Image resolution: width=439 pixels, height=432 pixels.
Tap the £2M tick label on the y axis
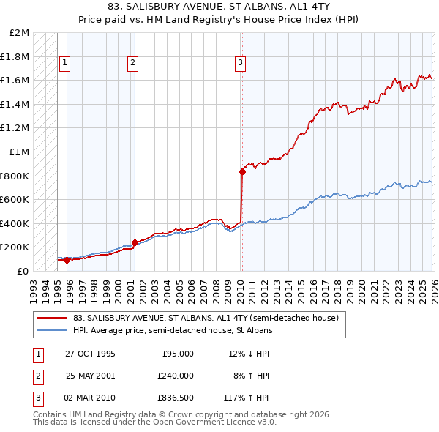[20, 33]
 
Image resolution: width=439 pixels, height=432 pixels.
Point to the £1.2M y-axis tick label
[15, 128]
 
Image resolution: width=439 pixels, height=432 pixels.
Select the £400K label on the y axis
[15, 223]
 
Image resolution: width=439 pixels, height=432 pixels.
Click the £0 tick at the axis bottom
[23, 271]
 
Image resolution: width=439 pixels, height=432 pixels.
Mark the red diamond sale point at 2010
[241, 171]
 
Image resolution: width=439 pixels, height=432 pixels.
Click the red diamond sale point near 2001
[135, 242]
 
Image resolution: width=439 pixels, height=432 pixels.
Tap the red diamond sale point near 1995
[67, 260]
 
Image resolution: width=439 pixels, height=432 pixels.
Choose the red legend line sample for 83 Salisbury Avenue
[51, 319]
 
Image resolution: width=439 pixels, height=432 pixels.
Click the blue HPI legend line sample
[51, 331]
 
